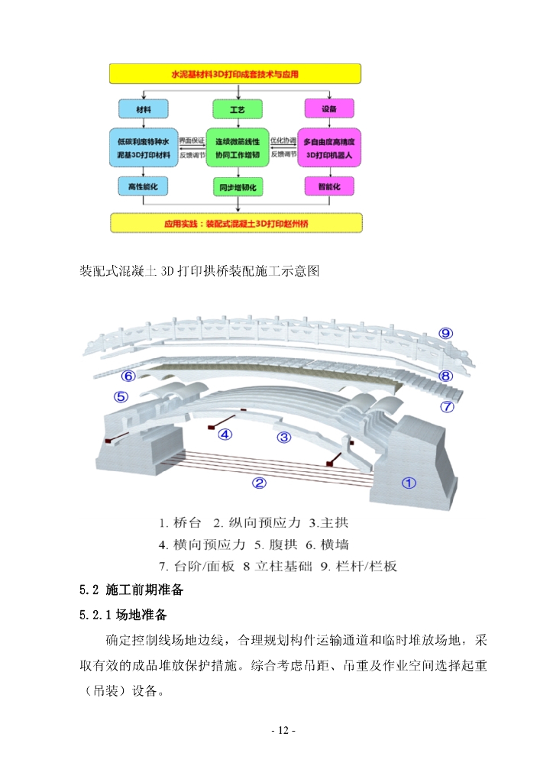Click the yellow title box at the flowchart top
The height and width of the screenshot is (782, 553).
[x=235, y=75]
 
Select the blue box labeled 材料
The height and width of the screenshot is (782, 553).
[x=143, y=109]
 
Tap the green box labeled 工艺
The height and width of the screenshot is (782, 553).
[x=238, y=109]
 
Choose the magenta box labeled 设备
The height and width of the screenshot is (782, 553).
[x=328, y=109]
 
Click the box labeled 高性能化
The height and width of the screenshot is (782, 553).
[x=143, y=186]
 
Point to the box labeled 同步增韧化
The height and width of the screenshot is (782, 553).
[x=238, y=186]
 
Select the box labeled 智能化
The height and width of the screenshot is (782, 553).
[x=328, y=186]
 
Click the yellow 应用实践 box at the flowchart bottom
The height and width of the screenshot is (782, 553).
[x=235, y=224]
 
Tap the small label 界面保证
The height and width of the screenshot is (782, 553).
[x=192, y=141]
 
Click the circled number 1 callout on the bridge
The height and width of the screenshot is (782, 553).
[x=409, y=483]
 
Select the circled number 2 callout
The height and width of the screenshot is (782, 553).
[x=260, y=483]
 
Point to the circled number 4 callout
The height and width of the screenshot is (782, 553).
[x=225, y=435]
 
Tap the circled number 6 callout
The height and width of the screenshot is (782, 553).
[x=128, y=376]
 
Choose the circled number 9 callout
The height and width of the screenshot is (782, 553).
[x=446, y=332]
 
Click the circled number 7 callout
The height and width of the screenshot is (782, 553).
[x=448, y=406]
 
